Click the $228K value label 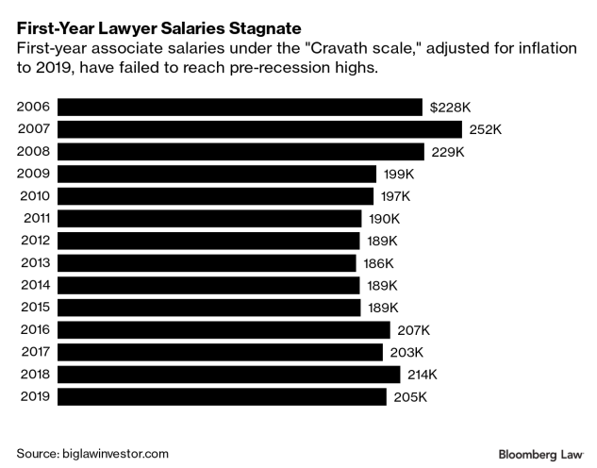click(x=449, y=107)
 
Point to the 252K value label click(x=486, y=129)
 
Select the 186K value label click(x=379, y=263)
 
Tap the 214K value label click(x=423, y=375)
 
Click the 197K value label click(x=396, y=196)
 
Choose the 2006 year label click(x=34, y=107)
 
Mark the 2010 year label click(x=34, y=196)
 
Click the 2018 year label click(x=34, y=375)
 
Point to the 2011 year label click(x=35, y=219)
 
